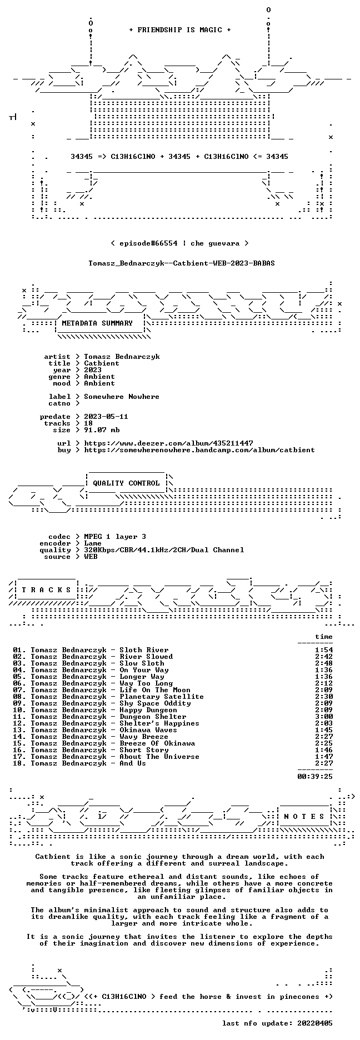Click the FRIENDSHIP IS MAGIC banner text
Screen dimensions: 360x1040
[x=179, y=30]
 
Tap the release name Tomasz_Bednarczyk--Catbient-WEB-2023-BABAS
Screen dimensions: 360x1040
[x=182, y=263]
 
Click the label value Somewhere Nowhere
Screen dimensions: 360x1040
[x=122, y=397]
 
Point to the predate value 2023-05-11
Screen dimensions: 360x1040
[x=106, y=417]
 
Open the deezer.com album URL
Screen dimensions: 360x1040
[x=168, y=443]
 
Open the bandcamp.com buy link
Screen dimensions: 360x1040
[x=199, y=450]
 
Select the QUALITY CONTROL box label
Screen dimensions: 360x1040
[x=126, y=483]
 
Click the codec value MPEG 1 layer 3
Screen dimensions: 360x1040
[x=115, y=537]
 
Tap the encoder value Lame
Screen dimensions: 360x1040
[x=93, y=543]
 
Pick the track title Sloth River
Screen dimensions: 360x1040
[x=144, y=650]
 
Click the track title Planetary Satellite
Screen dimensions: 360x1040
[x=162, y=697]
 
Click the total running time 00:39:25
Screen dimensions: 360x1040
[x=315, y=777]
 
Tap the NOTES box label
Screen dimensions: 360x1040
[x=304, y=817]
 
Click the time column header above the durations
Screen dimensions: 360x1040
[x=324, y=637]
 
